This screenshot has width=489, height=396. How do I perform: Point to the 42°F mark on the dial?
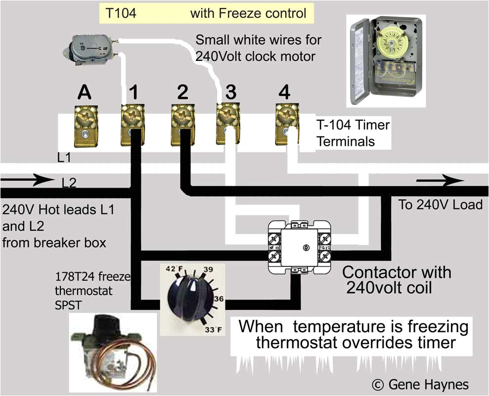172,270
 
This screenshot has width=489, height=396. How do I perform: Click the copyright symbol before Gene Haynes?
378,384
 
